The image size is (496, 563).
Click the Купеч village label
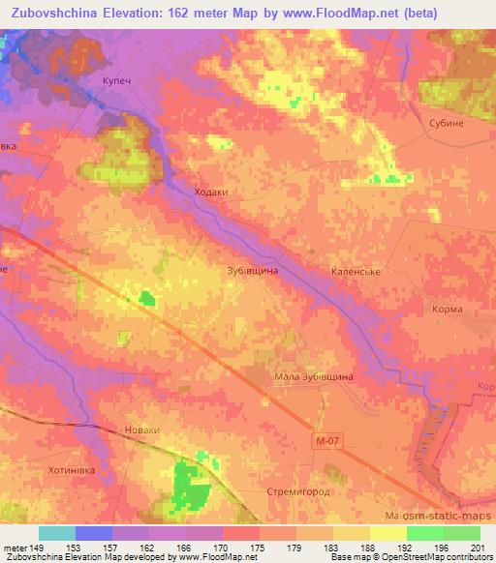pyautogui.click(x=116, y=83)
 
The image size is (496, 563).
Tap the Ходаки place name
pyautogui.click(x=211, y=193)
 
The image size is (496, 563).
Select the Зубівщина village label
pyautogui.click(x=252, y=272)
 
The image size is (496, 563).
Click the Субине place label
pyautogui.click(x=447, y=125)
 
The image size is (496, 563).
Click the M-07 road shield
pyautogui.click(x=328, y=440)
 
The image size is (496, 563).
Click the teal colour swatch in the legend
pyautogui.click(x=57, y=533)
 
